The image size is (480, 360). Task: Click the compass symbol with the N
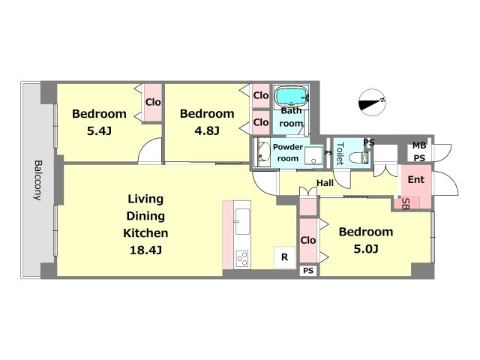click(x=372, y=102)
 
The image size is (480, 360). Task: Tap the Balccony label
click(x=37, y=180)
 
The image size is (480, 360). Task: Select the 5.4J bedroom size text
click(x=99, y=131)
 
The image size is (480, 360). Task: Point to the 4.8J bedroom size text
click(x=207, y=131)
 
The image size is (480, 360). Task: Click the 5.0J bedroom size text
click(x=366, y=249)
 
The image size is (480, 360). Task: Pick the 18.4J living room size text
click(x=145, y=250)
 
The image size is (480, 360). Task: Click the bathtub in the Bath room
click(x=291, y=96)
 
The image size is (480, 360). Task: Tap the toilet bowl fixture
click(x=358, y=157)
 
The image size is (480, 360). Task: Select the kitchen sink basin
click(x=242, y=221)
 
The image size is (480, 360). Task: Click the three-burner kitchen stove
click(x=242, y=258)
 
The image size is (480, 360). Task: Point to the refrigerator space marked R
click(x=284, y=257)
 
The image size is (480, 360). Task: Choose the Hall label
click(x=325, y=183)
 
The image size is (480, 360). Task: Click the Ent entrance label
click(x=416, y=180)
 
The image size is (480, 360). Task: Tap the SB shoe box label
click(x=405, y=204)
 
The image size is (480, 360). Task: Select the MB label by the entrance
click(x=419, y=145)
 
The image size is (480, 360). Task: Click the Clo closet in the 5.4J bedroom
click(x=153, y=102)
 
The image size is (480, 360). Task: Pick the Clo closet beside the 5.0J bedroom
click(x=308, y=240)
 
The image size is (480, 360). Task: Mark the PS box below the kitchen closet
click(x=308, y=271)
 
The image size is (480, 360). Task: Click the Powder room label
click(x=288, y=153)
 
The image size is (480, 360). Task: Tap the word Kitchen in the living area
click(x=145, y=233)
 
